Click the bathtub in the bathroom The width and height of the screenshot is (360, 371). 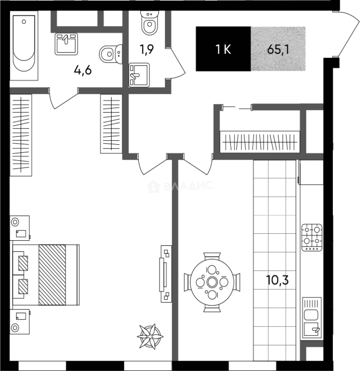click(x=24, y=45)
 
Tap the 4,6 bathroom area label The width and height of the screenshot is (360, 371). click(x=83, y=70)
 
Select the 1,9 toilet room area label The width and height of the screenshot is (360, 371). click(x=147, y=49)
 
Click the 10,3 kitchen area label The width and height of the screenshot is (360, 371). click(x=278, y=280)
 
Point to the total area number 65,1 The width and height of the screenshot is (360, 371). click(x=278, y=49)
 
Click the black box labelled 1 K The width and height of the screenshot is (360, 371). click(x=223, y=49)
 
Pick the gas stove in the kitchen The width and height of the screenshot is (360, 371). click(x=312, y=237)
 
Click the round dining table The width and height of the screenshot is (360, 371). click(x=212, y=282)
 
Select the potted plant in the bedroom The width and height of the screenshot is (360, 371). click(x=150, y=336)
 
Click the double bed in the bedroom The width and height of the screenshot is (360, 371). click(x=46, y=275)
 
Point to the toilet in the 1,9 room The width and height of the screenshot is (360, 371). click(x=149, y=23)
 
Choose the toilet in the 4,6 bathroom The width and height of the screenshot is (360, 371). click(x=111, y=54)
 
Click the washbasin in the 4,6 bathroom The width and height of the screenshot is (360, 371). click(x=66, y=44)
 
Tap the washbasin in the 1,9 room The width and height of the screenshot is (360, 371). click(x=139, y=75)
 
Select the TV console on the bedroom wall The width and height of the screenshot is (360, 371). click(x=166, y=274)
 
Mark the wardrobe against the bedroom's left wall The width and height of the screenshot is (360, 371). click(x=21, y=135)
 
